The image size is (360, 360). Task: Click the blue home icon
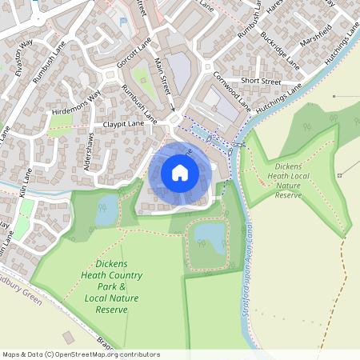click(x=180, y=173)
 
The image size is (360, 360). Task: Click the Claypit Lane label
click(x=123, y=124)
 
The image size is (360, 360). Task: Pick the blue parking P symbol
click(x=122, y=22)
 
